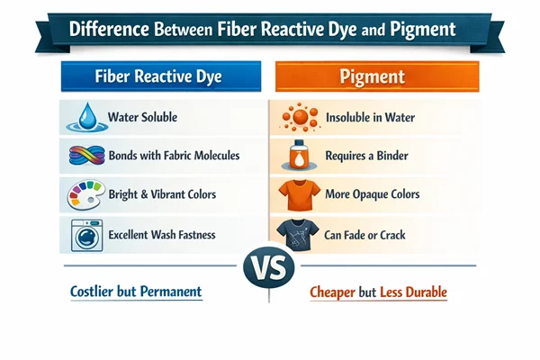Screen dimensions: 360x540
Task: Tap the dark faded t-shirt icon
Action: pos(295,235)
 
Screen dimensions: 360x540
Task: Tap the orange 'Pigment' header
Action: pos(375,77)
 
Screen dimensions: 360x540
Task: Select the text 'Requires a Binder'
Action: pos(366,157)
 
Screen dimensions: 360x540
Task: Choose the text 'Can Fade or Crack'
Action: pos(366,235)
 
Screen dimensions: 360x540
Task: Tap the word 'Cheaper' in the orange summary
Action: pos(339,293)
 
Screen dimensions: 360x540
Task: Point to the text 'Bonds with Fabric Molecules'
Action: pos(174,156)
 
